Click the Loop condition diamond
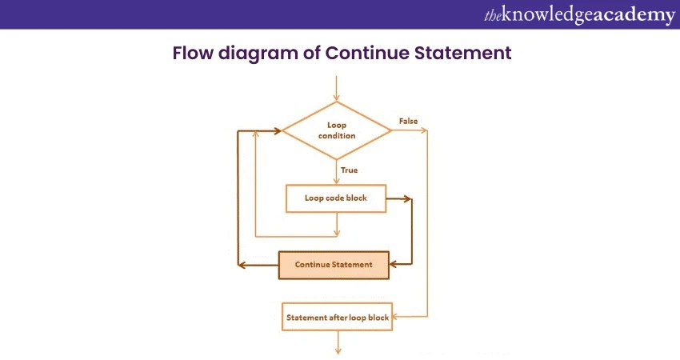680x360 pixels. coord(337,130)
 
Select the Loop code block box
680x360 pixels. coord(336,198)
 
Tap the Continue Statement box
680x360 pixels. coord(334,265)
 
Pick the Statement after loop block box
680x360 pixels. coord(337,318)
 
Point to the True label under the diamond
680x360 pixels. coord(349,170)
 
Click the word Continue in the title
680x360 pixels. coord(365,54)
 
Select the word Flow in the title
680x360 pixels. coord(191,54)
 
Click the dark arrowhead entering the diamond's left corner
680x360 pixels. coord(278,130)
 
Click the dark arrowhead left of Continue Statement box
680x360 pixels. coord(245,265)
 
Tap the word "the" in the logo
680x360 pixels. coord(493,15)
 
